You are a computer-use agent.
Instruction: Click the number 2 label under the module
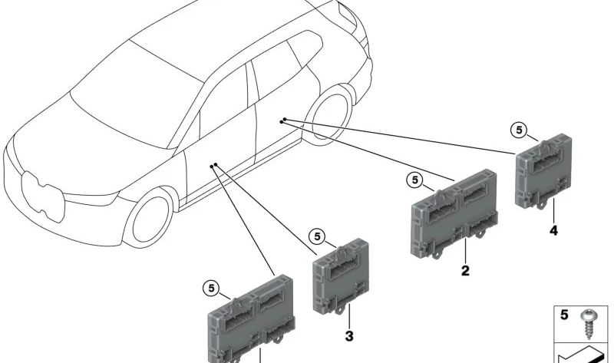pyautogui.click(x=465, y=270)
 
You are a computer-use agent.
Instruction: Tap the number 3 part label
pyautogui.click(x=349, y=335)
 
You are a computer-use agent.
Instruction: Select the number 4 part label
pyautogui.click(x=553, y=229)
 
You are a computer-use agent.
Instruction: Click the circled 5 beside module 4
pyautogui.click(x=520, y=130)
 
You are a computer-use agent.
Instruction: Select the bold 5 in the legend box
pyautogui.click(x=564, y=315)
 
